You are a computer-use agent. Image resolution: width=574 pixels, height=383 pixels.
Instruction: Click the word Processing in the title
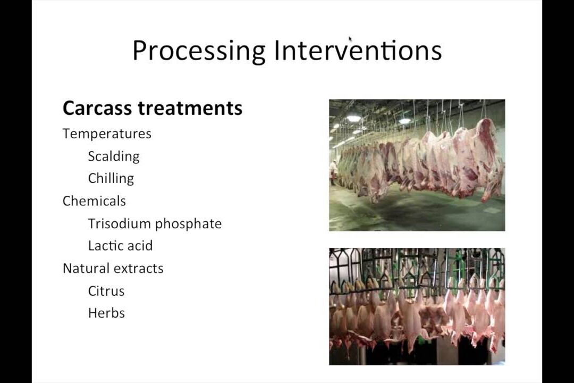coord(199,51)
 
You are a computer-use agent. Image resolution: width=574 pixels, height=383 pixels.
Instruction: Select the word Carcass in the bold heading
coord(97,108)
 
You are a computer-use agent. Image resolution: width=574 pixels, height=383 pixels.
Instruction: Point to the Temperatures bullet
coord(107,134)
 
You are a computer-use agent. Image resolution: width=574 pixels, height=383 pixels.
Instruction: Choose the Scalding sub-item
coord(114,156)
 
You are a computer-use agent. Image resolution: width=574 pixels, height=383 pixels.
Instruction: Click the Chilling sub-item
coord(111,179)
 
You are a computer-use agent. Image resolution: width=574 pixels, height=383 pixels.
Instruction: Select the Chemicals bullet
coord(94,201)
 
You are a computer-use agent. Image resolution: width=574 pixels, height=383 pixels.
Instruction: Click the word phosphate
coord(188,224)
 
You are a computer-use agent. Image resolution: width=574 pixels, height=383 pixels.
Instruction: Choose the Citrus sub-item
coord(106,291)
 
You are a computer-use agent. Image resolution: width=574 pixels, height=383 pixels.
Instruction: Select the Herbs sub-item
coord(106,313)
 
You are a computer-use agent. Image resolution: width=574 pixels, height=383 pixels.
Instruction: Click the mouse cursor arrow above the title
coord(350,39)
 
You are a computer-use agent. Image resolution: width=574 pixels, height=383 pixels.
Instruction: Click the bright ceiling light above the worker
coord(353,118)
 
